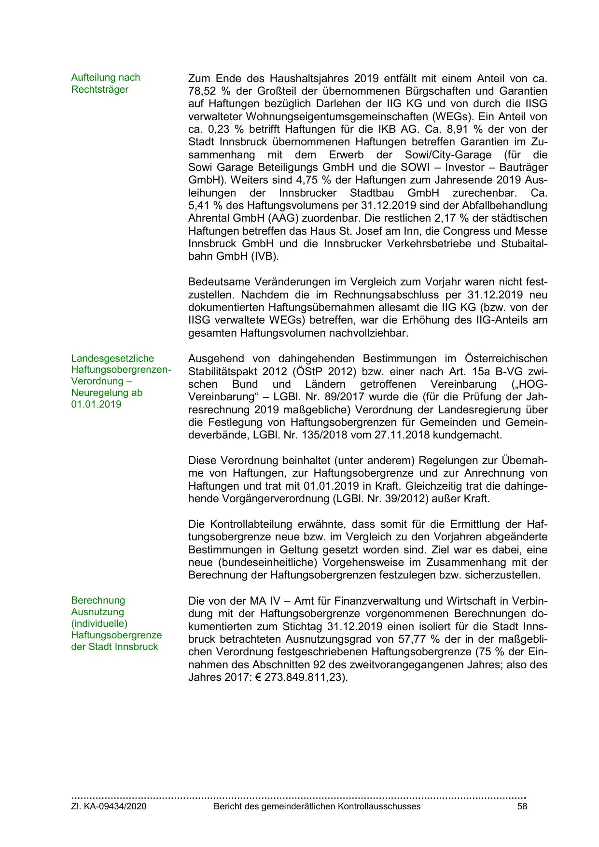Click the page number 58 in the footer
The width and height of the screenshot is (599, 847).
point(522,806)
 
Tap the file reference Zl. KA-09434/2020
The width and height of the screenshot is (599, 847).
point(109,806)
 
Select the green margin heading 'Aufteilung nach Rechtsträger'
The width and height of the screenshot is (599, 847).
point(105,84)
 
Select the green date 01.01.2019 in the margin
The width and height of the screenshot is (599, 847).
point(96,404)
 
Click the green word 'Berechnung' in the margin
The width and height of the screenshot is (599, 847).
point(98,600)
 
